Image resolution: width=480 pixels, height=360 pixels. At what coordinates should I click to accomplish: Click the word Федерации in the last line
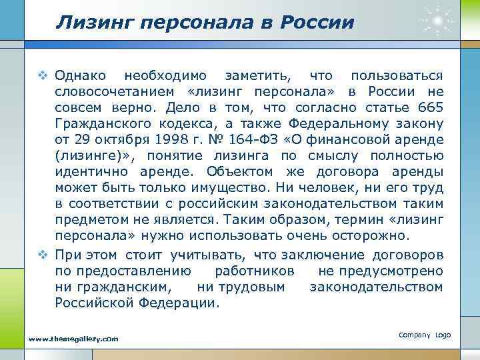coord(182,303)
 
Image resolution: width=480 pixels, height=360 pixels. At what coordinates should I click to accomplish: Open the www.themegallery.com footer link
coord(73,339)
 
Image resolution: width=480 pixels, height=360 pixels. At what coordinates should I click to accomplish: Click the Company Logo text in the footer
coord(424,334)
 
